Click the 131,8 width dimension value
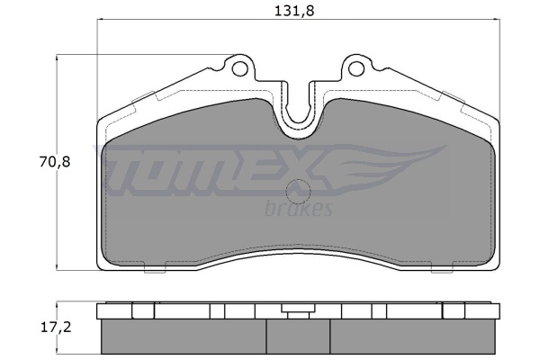pyautogui.click(x=294, y=12)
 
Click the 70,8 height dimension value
pyautogui.click(x=55, y=161)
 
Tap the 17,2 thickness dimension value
pyautogui.click(x=56, y=327)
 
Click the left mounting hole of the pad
pyautogui.click(x=240, y=68)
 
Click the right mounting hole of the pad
pyautogui.click(x=356, y=68)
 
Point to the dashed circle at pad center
pyautogui.click(x=299, y=192)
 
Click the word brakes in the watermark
pyautogui.click(x=299, y=208)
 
